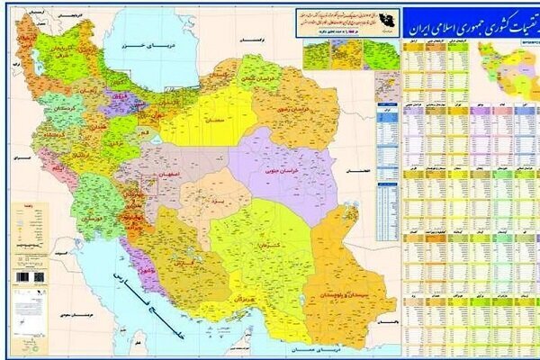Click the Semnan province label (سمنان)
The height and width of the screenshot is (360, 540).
[214, 117]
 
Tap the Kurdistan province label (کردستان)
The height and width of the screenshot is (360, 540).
[57, 117]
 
